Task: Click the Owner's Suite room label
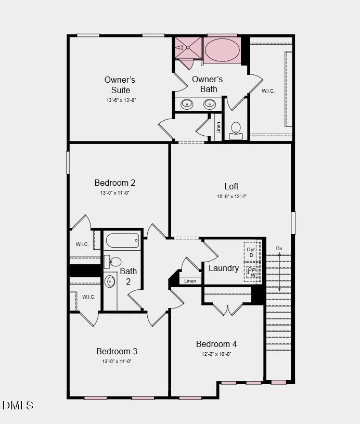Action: pyautogui.click(x=120, y=85)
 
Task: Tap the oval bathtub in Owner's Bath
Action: pyautogui.click(x=222, y=50)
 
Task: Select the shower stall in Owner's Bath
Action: pyautogui.click(x=187, y=47)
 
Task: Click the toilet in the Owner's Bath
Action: pyautogui.click(x=236, y=129)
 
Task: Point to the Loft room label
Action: pyautogui.click(x=232, y=186)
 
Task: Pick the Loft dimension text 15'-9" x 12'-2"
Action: pyautogui.click(x=232, y=197)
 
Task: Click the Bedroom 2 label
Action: pyautogui.click(x=115, y=183)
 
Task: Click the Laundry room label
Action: pyautogui.click(x=224, y=268)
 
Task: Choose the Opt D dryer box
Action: pyautogui.click(x=252, y=252)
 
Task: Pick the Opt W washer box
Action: pyautogui.click(x=252, y=272)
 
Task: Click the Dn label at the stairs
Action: pyautogui.click(x=279, y=249)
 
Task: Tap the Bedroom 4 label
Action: pyautogui.click(x=216, y=344)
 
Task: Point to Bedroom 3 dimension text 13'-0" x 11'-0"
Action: pyautogui.click(x=117, y=361)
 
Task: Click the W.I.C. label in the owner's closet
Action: pyautogui.click(x=268, y=91)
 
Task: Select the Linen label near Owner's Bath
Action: pyautogui.click(x=218, y=127)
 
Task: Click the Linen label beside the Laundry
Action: pyautogui.click(x=190, y=281)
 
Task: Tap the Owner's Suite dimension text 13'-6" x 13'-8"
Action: pyautogui.click(x=121, y=100)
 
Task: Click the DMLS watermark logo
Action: pyautogui.click(x=18, y=405)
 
